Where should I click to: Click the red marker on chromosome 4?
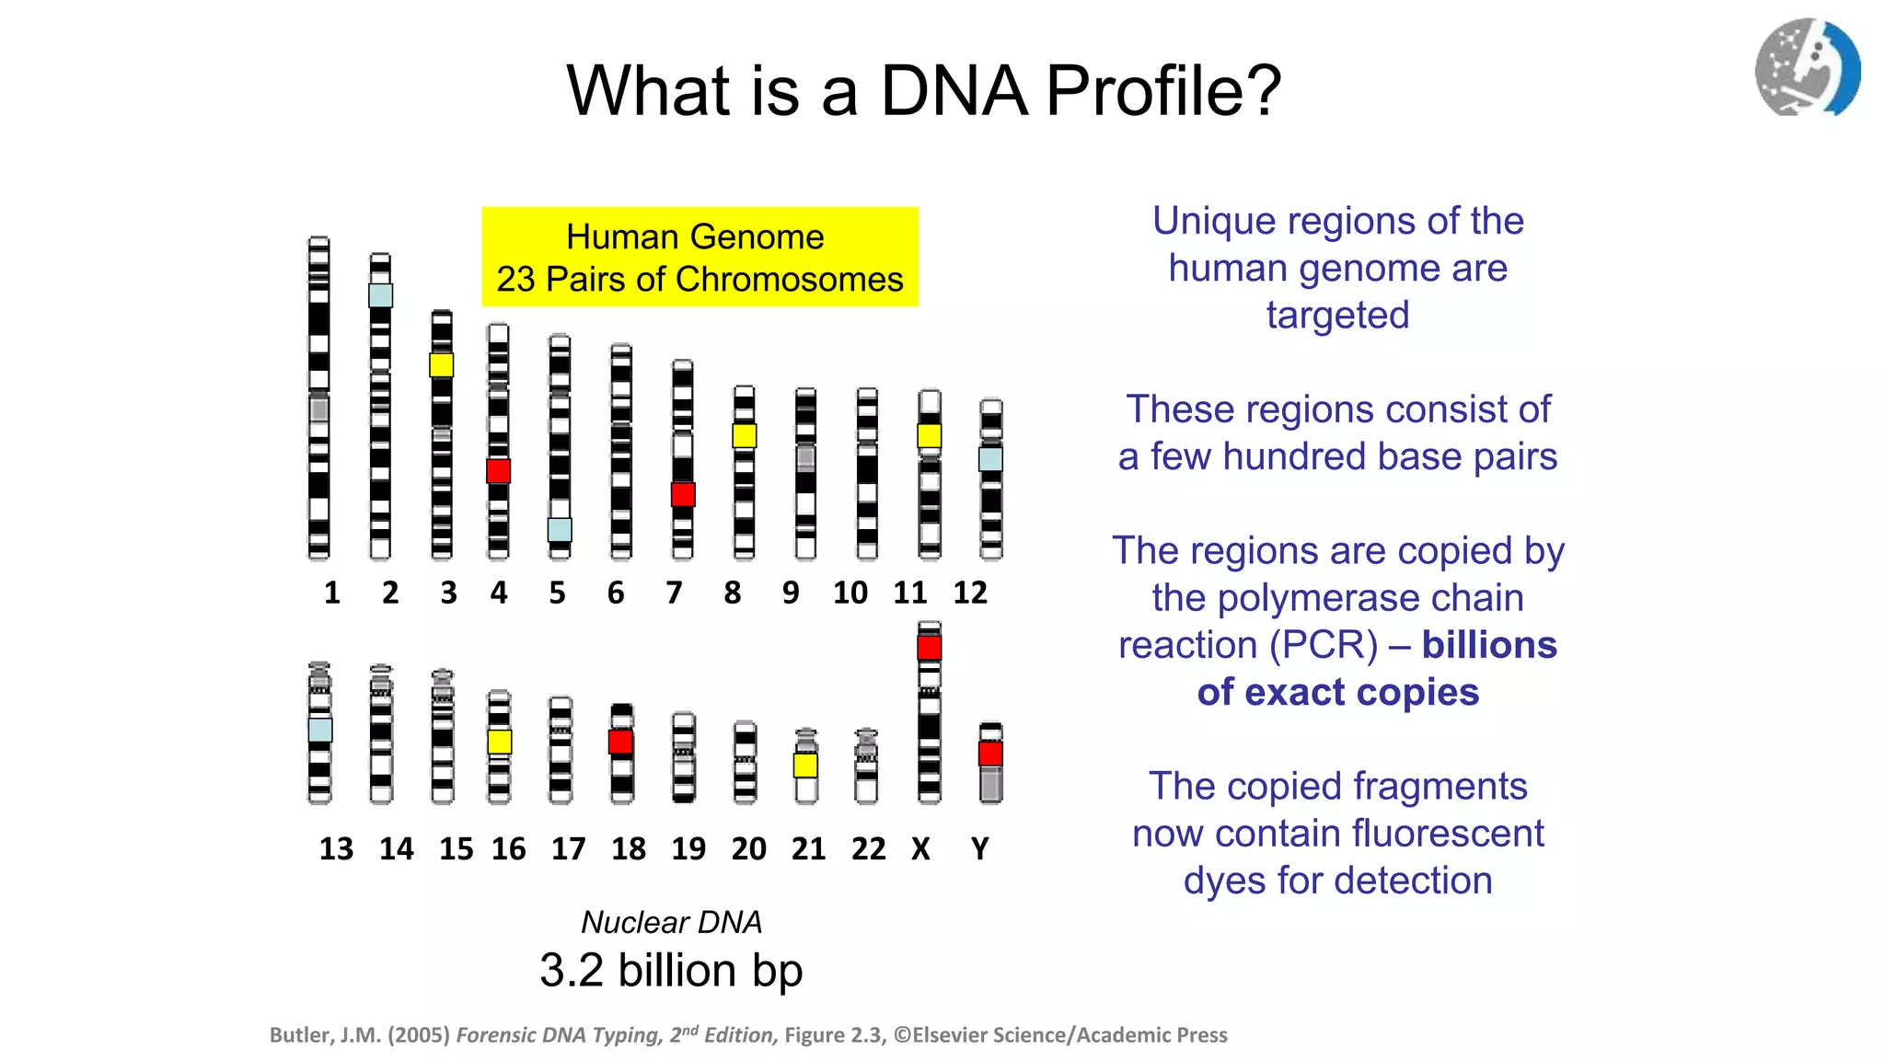click(x=498, y=471)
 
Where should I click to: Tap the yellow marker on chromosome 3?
click(x=441, y=364)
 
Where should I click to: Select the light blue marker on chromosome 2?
click(x=380, y=295)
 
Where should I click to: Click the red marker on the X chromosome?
click(x=929, y=648)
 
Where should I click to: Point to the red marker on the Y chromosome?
click(x=990, y=755)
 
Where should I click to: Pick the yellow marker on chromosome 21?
click(x=805, y=765)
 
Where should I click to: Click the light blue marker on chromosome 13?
click(x=319, y=730)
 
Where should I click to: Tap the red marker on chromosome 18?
click(x=621, y=742)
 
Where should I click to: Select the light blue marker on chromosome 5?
click(x=560, y=530)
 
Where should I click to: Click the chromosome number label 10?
click(x=850, y=593)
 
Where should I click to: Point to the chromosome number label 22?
click(x=868, y=848)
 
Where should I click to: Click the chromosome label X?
click(x=920, y=848)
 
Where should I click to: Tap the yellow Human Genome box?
click(x=700, y=257)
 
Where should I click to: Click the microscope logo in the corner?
click(x=1807, y=67)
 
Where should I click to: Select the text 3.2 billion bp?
click(x=671, y=971)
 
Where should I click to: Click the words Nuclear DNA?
click(x=671, y=922)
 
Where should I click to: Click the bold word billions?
click(x=1488, y=645)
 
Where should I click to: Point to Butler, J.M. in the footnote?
click(x=324, y=1035)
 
